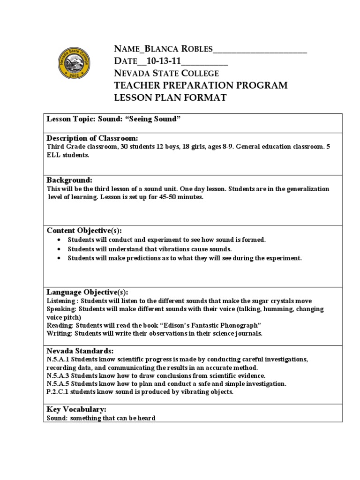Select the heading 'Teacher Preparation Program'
(201, 85)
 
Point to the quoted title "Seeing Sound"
(158, 119)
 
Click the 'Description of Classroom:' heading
(92, 138)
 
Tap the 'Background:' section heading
(69, 180)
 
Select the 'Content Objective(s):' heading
(84, 230)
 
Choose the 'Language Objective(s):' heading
(87, 292)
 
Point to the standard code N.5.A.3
(58, 375)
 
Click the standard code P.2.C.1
(58, 392)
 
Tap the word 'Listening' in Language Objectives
(61, 300)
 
